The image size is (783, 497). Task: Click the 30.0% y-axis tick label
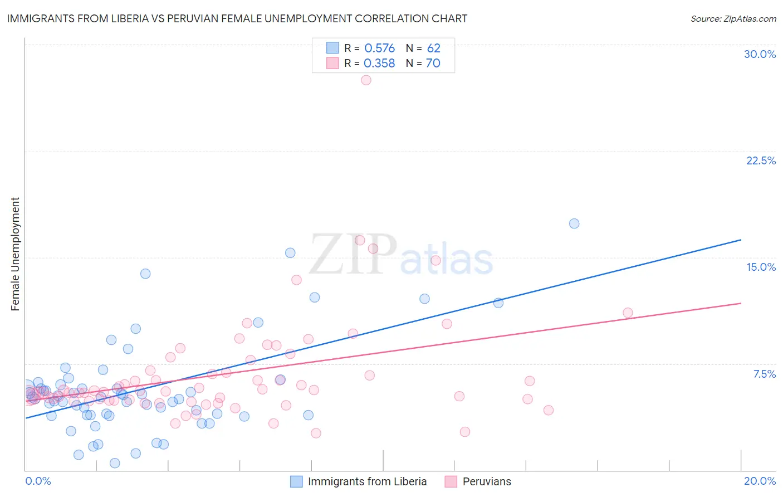(x=760, y=54)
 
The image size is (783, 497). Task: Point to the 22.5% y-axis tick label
(x=761, y=160)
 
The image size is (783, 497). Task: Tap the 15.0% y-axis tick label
(x=761, y=267)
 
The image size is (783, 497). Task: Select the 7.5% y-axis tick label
(x=764, y=374)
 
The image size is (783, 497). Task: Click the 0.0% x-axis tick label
(x=38, y=481)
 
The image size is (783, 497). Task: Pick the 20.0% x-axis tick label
(x=760, y=481)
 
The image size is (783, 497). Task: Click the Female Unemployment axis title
(x=15, y=254)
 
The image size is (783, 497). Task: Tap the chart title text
(x=237, y=18)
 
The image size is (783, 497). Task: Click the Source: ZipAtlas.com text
(x=733, y=18)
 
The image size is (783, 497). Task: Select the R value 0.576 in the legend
(x=379, y=48)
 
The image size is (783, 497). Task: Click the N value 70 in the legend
(x=433, y=64)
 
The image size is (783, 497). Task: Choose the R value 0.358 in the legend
(x=379, y=64)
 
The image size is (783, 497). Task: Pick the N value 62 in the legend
(x=433, y=48)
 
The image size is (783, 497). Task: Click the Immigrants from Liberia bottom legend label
(x=367, y=481)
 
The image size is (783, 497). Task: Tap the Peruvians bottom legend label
(x=486, y=481)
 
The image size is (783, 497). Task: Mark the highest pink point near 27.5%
(x=366, y=80)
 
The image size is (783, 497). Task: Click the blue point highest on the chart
(x=574, y=223)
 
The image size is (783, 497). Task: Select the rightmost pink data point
(x=628, y=313)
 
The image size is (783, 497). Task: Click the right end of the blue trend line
(x=741, y=240)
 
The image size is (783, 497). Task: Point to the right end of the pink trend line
(x=741, y=303)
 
